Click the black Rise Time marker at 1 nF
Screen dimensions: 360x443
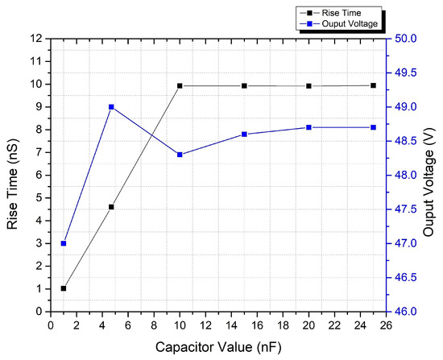64,288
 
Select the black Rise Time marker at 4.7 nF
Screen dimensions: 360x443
111,207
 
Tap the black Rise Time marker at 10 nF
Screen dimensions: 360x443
180,85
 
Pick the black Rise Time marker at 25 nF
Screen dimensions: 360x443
373,85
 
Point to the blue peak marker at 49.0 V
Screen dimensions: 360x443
111,107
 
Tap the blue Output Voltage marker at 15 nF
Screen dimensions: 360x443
244,134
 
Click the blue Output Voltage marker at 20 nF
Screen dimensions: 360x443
308,127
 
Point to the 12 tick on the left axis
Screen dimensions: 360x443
37,39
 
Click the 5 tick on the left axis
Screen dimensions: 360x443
39,198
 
